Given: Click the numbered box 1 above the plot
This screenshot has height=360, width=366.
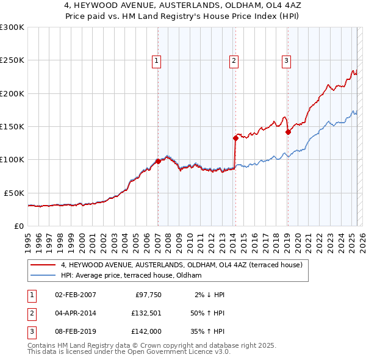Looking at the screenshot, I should pos(157,60).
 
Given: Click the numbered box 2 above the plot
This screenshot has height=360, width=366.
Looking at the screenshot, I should pos(234,60).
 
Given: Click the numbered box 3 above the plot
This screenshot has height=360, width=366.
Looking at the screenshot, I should pos(286,60).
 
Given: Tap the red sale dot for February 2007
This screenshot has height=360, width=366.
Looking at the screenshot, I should pos(158,161).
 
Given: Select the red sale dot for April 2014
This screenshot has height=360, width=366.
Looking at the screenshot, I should pos(235,139).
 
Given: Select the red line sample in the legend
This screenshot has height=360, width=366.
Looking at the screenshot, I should pos(43,265).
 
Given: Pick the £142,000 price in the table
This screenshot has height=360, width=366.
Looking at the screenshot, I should pos(145,333).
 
